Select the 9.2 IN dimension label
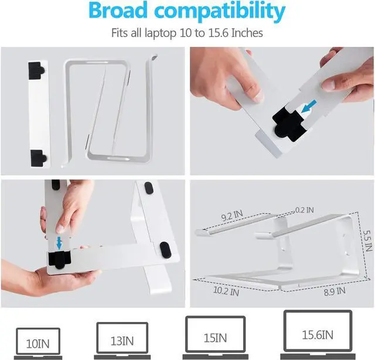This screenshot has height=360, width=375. coord(230,216)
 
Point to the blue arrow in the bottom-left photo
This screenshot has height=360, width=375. coord(59,242)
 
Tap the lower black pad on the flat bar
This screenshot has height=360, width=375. coord(38,157)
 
